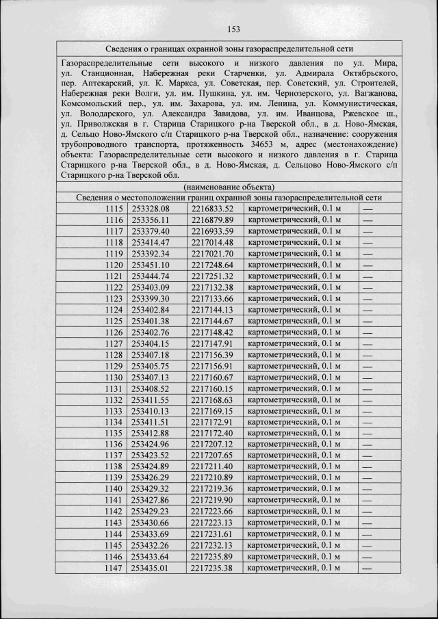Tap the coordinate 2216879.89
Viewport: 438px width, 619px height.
pyautogui.click(x=212, y=220)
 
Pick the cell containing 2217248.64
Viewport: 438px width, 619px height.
pyautogui.click(x=212, y=265)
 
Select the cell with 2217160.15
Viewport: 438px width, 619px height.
pyautogui.click(x=212, y=388)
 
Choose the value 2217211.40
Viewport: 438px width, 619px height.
pyautogui.click(x=212, y=466)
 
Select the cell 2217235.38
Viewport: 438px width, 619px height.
pyautogui.click(x=212, y=568)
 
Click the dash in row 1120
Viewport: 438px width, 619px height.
pyautogui.click(x=368, y=265)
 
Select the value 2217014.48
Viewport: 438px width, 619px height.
pyautogui.click(x=212, y=242)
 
